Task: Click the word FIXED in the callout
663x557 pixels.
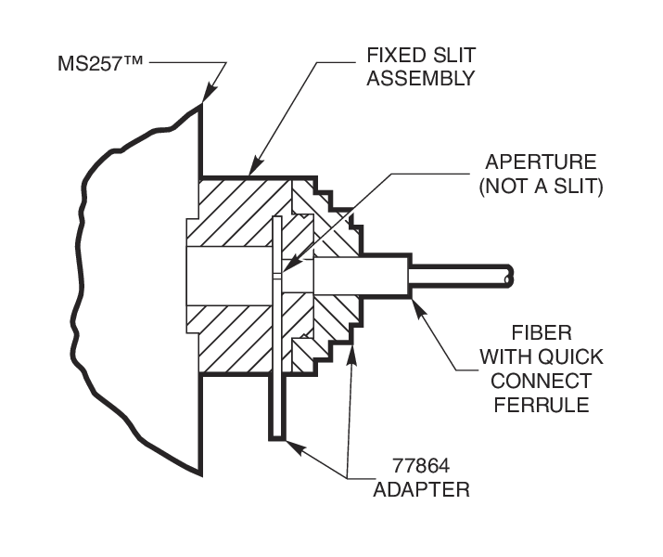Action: [391, 54]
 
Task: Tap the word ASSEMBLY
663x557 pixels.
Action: [421, 78]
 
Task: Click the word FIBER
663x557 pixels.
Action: [546, 332]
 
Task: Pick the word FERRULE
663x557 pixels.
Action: [547, 405]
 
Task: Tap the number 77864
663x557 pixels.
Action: [410, 464]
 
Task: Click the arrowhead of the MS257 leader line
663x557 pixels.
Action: [207, 96]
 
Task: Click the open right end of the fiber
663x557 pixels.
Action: [508, 276]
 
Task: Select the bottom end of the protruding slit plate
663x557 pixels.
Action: [275, 434]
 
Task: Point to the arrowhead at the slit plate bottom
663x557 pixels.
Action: [291, 445]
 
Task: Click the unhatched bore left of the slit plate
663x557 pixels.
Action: [230, 276]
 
